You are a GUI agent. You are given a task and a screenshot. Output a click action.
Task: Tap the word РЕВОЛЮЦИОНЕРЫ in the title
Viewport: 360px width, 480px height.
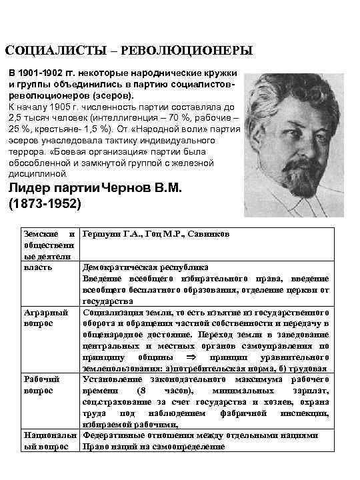pyautogui.click(x=181, y=51)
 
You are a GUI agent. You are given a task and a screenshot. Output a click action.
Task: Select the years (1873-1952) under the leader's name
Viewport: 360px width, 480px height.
pyautogui.click(x=45, y=203)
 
